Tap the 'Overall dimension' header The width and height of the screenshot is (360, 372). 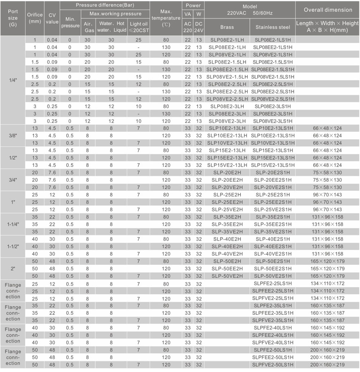point(328,10)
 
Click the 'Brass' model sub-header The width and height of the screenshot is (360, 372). point(227,27)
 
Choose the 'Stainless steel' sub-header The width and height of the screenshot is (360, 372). point(273,27)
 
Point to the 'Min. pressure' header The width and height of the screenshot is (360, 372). point(70,23)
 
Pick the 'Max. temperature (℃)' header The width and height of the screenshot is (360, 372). point(166,18)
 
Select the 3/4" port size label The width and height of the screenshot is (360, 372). point(13,180)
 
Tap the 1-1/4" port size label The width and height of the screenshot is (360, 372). point(13,224)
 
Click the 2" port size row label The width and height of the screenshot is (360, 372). point(13,268)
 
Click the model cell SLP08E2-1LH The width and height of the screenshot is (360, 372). point(228,40)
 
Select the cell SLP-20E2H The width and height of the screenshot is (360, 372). point(227,172)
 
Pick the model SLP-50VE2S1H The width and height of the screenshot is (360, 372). point(273,276)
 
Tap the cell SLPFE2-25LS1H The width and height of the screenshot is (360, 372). point(273,283)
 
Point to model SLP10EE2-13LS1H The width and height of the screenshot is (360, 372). point(273,136)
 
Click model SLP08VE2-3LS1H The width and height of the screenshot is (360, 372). point(273,121)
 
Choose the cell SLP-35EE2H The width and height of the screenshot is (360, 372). point(227,224)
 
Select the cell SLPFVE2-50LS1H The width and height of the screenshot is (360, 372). point(273,364)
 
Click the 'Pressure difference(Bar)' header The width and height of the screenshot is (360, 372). point(104,5)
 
